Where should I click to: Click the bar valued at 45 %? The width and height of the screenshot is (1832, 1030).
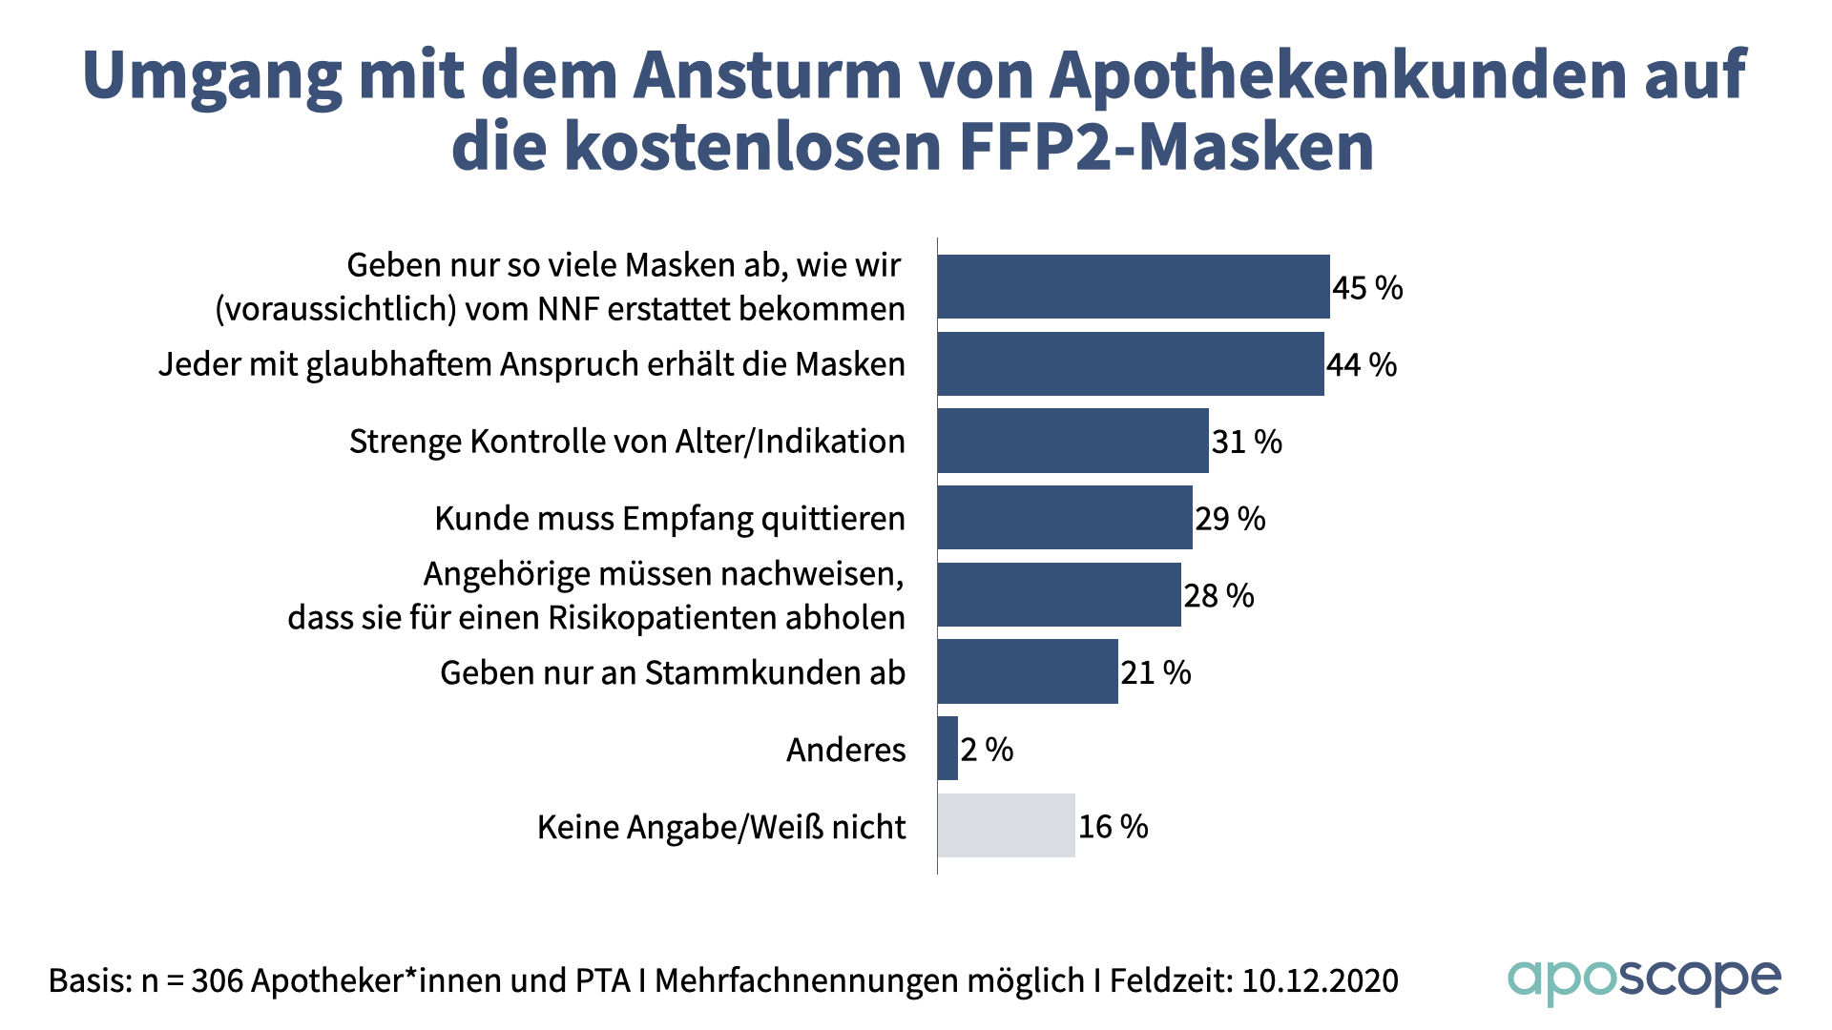pyautogui.click(x=1134, y=286)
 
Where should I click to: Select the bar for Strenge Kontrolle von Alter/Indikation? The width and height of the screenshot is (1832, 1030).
pyautogui.click(x=1072, y=441)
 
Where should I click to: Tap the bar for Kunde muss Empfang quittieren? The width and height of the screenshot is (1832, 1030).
pyautogui.click(x=1065, y=518)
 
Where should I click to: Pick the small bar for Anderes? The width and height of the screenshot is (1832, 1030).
pyautogui.click(x=947, y=749)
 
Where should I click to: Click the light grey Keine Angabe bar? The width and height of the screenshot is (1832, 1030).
pyautogui.click(x=1006, y=826)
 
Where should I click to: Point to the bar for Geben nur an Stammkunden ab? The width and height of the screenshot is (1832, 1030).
pyautogui.click(x=1028, y=671)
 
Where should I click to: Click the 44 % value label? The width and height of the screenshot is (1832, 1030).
pyautogui.click(x=1362, y=364)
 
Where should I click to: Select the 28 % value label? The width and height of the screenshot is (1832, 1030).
pyautogui.click(x=1218, y=596)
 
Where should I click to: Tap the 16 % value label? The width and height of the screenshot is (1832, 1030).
pyautogui.click(x=1113, y=827)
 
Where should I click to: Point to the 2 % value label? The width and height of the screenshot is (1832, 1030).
pyautogui.click(x=987, y=750)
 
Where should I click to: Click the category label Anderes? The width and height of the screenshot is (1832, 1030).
pyautogui.click(x=845, y=751)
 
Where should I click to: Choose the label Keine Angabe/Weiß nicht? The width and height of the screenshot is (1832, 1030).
pyautogui.click(x=721, y=827)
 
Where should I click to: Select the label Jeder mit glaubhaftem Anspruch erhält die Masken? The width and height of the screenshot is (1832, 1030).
pyautogui.click(x=531, y=364)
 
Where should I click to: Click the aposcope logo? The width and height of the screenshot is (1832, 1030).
pyautogui.click(x=1643, y=981)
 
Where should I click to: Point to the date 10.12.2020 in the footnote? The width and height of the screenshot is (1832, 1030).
pyautogui.click(x=1320, y=980)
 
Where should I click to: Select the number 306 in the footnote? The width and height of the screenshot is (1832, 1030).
pyautogui.click(x=218, y=980)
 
